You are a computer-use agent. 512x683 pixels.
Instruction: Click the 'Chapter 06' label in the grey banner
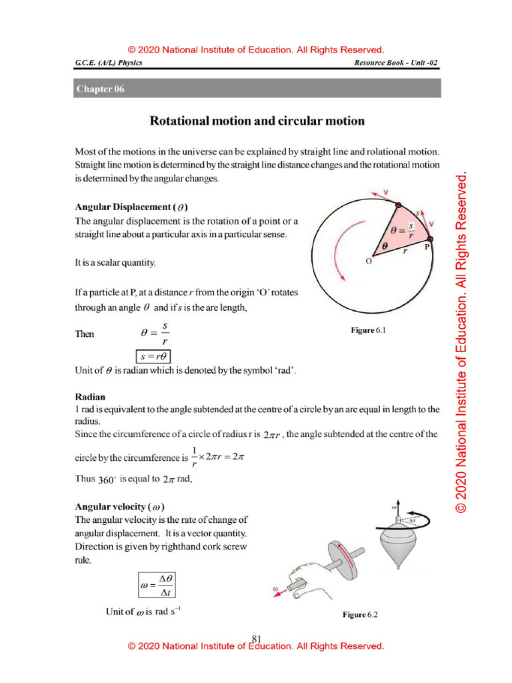coord(100,89)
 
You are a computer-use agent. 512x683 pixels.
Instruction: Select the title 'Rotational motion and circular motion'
coord(257,121)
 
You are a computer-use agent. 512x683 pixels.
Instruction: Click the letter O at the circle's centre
coord(369,261)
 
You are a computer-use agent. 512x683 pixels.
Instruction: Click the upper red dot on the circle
coord(398,205)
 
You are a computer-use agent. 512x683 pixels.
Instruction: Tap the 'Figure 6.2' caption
coord(360,614)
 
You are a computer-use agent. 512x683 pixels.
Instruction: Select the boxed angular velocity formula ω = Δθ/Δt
coord(157,585)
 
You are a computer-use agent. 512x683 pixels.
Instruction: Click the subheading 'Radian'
coord(90,396)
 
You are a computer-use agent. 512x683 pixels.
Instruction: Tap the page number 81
coord(256,638)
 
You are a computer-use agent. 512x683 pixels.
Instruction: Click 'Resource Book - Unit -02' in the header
coord(396,63)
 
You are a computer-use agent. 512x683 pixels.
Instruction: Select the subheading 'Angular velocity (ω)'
coord(120,506)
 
